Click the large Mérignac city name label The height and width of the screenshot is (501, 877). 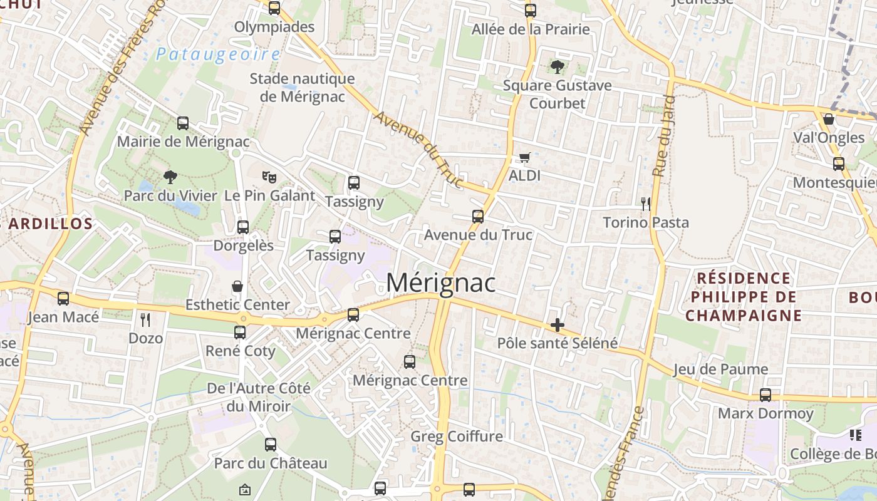point(440,283)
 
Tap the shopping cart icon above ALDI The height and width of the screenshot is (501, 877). point(524,157)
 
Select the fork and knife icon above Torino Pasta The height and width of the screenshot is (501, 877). point(646,204)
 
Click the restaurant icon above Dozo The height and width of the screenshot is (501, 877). point(145,320)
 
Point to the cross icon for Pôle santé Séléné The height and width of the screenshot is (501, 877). point(557,325)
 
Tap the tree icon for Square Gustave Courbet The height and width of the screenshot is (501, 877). point(557,66)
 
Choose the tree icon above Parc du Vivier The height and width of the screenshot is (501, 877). point(170,177)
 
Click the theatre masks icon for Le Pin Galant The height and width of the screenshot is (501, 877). point(269,177)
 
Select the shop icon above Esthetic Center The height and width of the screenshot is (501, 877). point(237,287)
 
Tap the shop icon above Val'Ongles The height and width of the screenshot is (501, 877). point(829,119)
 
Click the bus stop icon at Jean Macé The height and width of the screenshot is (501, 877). point(63,299)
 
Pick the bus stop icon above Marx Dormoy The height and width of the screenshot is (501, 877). point(765,395)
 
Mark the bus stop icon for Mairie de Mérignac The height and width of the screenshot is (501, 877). point(183,123)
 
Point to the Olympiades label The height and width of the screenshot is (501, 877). point(274,27)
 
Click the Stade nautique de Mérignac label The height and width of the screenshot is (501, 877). point(302,88)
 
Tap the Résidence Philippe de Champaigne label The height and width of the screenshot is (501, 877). point(743,296)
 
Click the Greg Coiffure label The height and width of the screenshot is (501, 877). point(457,436)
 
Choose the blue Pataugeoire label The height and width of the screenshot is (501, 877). point(217,54)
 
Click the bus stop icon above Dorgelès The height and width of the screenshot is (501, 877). point(243,227)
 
